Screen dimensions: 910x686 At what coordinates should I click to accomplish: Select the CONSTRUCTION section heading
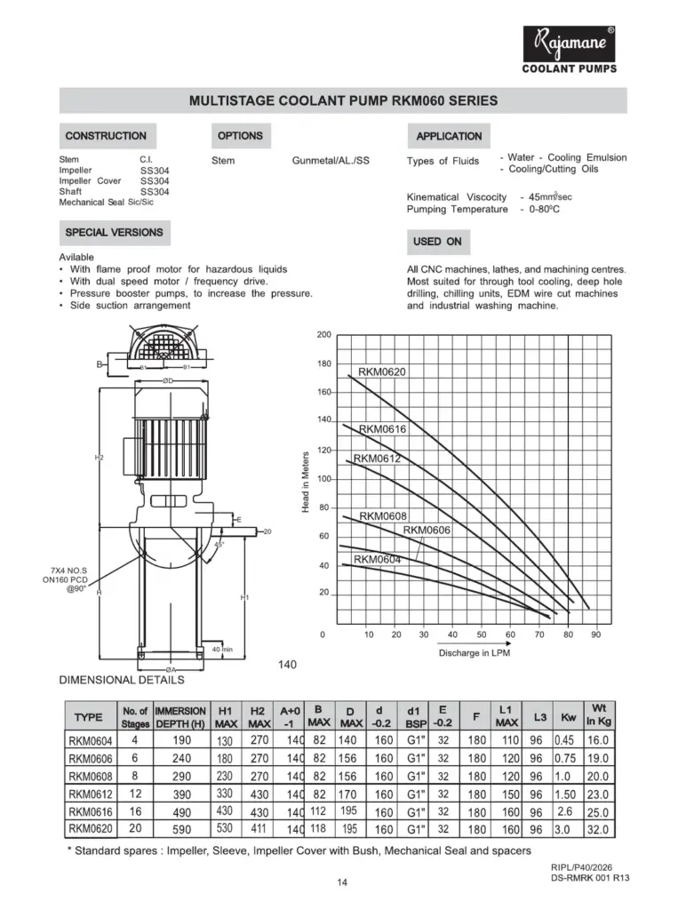106,136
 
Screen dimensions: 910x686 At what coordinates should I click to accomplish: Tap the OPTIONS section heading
240,136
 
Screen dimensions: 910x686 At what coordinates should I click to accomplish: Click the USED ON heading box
437,242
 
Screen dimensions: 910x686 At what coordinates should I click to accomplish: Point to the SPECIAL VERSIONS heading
114,233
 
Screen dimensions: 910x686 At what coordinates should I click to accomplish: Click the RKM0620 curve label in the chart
382,372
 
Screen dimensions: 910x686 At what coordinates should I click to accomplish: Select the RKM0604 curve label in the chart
378,560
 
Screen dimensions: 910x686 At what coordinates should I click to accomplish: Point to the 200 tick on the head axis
323,335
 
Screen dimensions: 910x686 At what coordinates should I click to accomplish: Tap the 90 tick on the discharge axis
595,635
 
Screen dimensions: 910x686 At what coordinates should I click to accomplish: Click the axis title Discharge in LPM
475,653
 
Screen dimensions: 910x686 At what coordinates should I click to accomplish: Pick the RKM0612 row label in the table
92,794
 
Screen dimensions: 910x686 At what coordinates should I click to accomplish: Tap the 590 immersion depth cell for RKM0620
180,830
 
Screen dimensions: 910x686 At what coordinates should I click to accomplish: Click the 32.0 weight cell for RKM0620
598,830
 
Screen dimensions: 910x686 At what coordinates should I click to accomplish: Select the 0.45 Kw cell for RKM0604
564,740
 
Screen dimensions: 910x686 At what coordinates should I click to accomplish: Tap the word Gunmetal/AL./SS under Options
331,161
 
